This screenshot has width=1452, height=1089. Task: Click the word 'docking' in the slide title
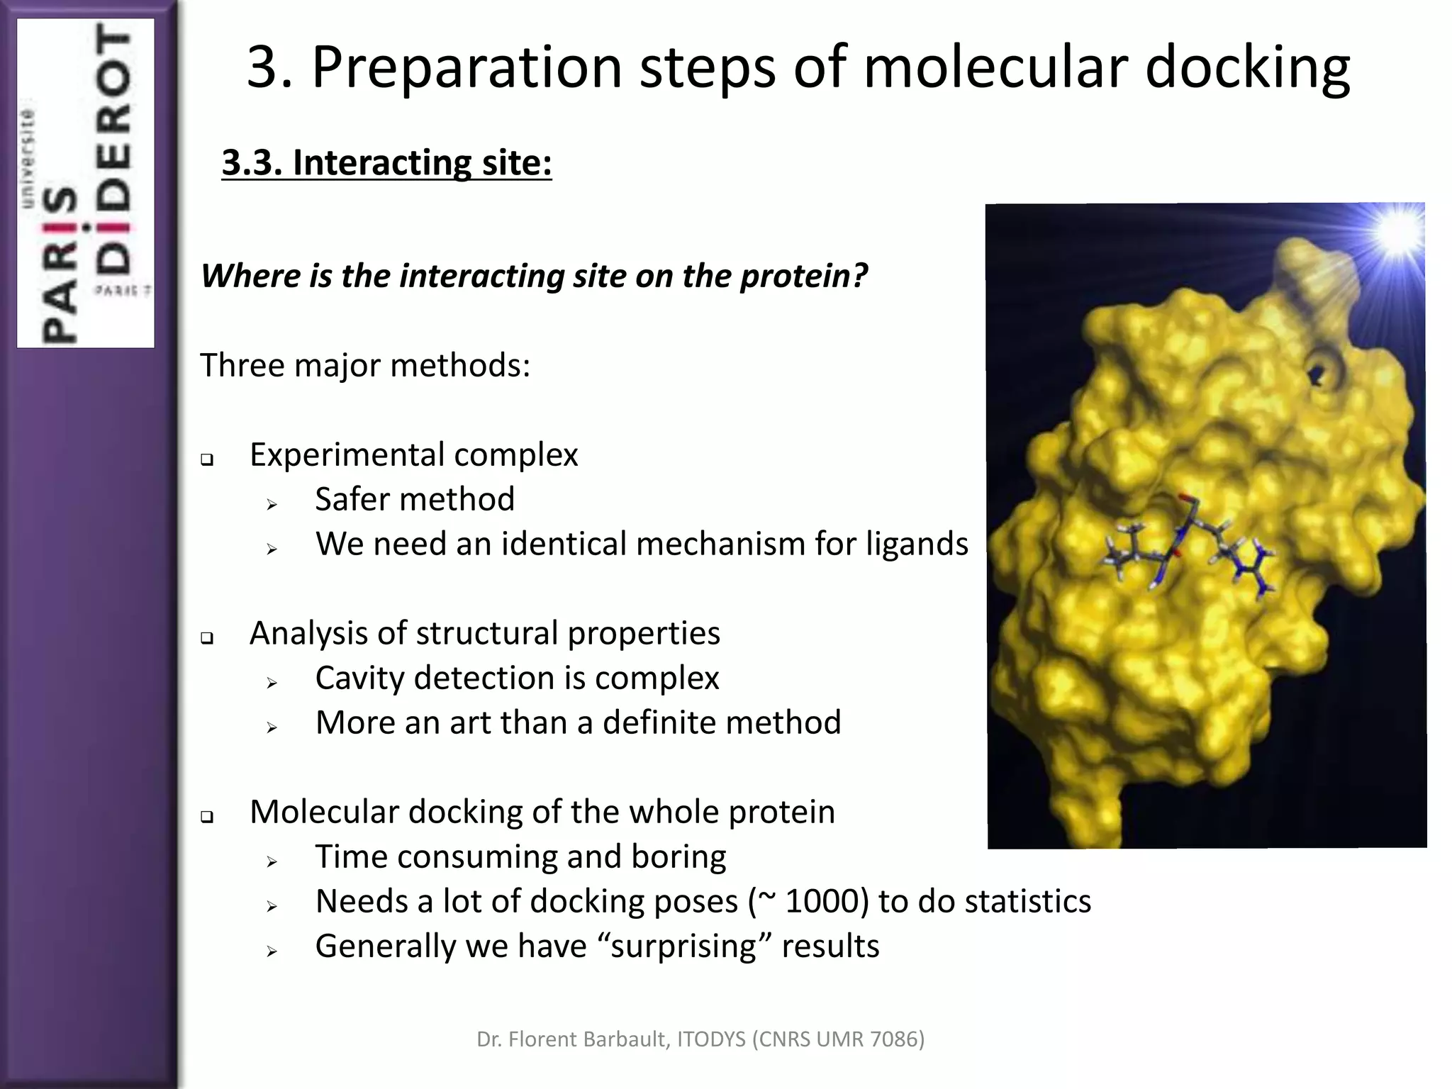pyautogui.click(x=1247, y=68)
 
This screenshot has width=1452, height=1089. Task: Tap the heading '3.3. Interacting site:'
pyautogui.click(x=386, y=162)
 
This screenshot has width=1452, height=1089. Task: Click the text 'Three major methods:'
pyautogui.click(x=365, y=366)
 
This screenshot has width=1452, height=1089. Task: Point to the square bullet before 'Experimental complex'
pyautogui.click(x=207, y=459)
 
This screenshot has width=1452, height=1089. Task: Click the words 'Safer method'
pyautogui.click(x=415, y=499)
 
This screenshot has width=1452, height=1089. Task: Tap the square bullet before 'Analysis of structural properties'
pyautogui.click(x=207, y=638)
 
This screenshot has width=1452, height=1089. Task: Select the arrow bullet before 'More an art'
pyautogui.click(x=272, y=727)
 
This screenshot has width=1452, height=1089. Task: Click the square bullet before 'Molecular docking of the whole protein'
pyautogui.click(x=207, y=817)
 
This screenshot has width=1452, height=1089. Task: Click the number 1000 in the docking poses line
pyautogui.click(x=827, y=902)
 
